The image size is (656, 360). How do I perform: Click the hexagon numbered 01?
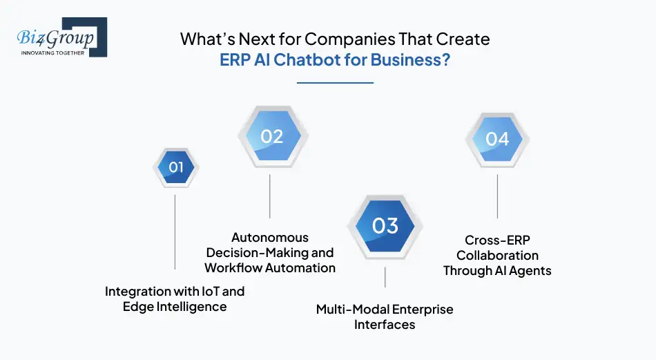(x=175, y=167)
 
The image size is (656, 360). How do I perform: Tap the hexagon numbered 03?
(x=385, y=226)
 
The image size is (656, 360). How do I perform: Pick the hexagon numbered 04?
(x=496, y=139)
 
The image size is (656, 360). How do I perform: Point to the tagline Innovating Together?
(x=52, y=53)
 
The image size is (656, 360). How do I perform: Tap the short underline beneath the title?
(x=335, y=82)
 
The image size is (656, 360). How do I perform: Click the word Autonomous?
(x=270, y=237)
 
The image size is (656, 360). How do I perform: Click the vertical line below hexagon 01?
(x=175, y=231)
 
